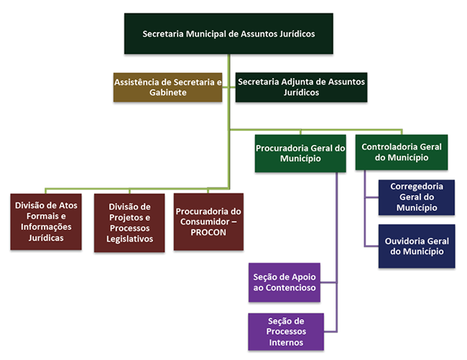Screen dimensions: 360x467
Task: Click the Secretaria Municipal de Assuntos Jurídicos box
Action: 228,34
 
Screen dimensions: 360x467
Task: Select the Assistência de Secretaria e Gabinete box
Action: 167,88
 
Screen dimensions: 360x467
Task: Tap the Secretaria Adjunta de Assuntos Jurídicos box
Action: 301,88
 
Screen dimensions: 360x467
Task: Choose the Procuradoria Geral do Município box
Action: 300,153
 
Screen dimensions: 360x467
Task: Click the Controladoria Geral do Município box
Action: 401,152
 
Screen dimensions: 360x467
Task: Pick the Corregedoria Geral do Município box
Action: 416,197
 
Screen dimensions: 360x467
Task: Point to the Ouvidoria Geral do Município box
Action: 416,246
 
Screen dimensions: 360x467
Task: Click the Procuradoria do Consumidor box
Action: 208,221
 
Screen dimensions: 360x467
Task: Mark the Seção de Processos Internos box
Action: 285,331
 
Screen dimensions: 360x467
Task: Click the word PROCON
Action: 208,233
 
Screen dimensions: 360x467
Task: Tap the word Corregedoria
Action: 417,185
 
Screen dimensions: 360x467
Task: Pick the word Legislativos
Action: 129,239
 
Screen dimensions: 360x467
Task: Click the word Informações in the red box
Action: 45,226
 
